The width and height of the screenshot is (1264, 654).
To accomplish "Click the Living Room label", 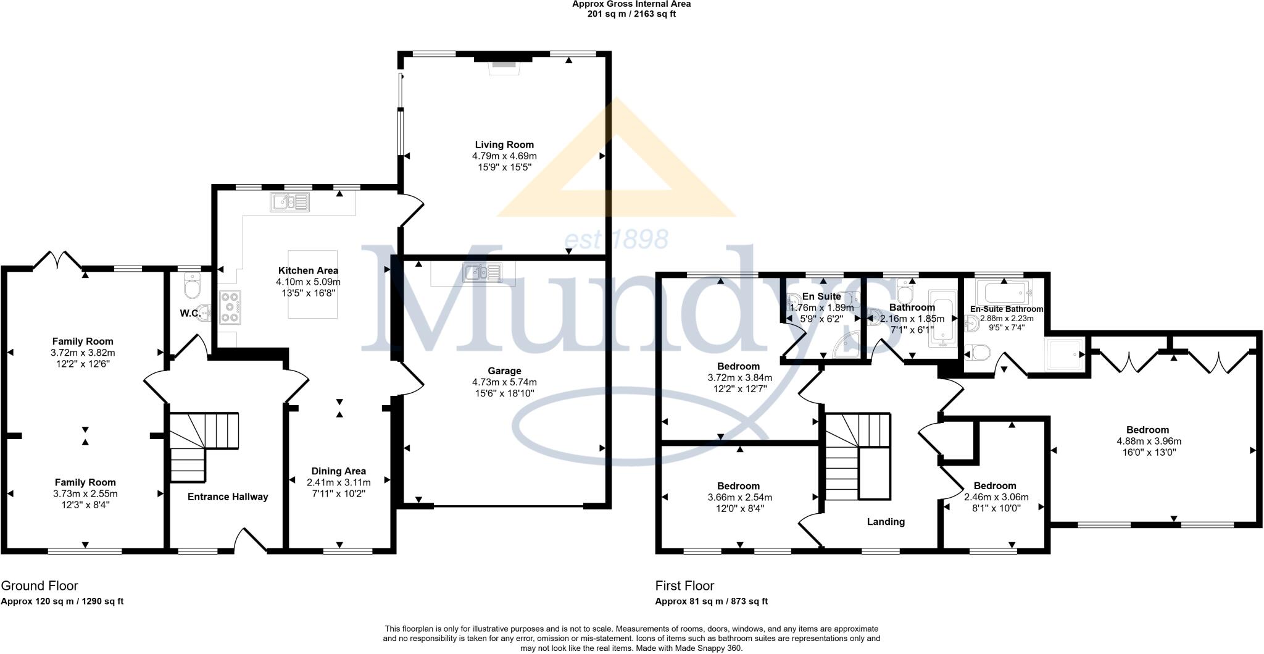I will coord(504,145).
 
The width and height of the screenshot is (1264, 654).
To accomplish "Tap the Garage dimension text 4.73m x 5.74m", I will coord(504,382).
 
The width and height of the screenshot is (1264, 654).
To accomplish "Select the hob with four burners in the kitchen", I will coord(231,307).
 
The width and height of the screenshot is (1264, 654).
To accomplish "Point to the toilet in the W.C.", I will coord(192,288).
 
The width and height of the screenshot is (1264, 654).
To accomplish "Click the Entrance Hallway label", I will coord(228,497).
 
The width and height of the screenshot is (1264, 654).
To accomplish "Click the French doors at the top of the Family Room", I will coord(57,261).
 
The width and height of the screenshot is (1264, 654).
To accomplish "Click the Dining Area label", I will coord(338,471).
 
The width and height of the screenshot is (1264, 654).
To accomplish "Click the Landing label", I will coord(886,522).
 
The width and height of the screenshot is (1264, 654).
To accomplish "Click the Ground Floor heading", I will coord(39,585).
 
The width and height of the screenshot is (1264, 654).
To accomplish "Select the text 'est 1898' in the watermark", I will coord(617,239).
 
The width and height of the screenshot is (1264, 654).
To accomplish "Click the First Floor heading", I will coord(684,585).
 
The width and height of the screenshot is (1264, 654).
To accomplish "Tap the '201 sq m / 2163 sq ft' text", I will coord(631,14).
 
